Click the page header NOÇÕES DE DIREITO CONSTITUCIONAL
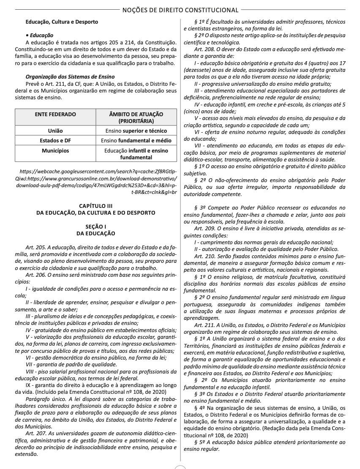click(x=180, y=10)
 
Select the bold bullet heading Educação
click(x=41, y=35)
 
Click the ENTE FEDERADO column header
click(x=55, y=114)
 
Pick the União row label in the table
click(x=55, y=131)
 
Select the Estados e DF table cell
click(x=55, y=140)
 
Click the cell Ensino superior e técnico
click(x=136, y=131)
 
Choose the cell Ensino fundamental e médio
click(x=136, y=140)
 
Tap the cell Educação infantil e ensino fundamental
click(x=136, y=154)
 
